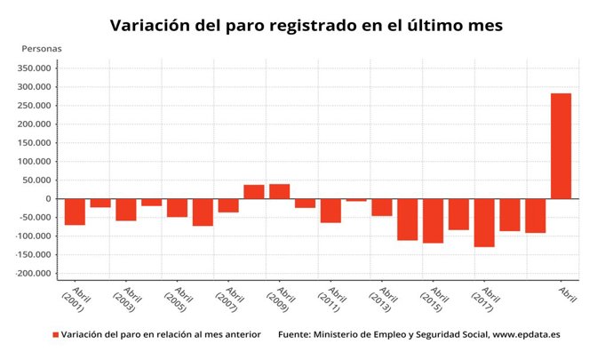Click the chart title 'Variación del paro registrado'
coord(306,26)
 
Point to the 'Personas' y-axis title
coord(41,48)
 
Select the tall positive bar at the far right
coord(561,146)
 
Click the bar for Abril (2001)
coord(75,212)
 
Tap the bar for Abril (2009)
coord(279,191)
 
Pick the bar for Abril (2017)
coord(484,222)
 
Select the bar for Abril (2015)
coord(433,220)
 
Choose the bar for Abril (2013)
coord(382,207)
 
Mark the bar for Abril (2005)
coord(177,208)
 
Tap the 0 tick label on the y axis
coord(48,199)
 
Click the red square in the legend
coord(55,335)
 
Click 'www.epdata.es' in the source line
coord(527,335)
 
